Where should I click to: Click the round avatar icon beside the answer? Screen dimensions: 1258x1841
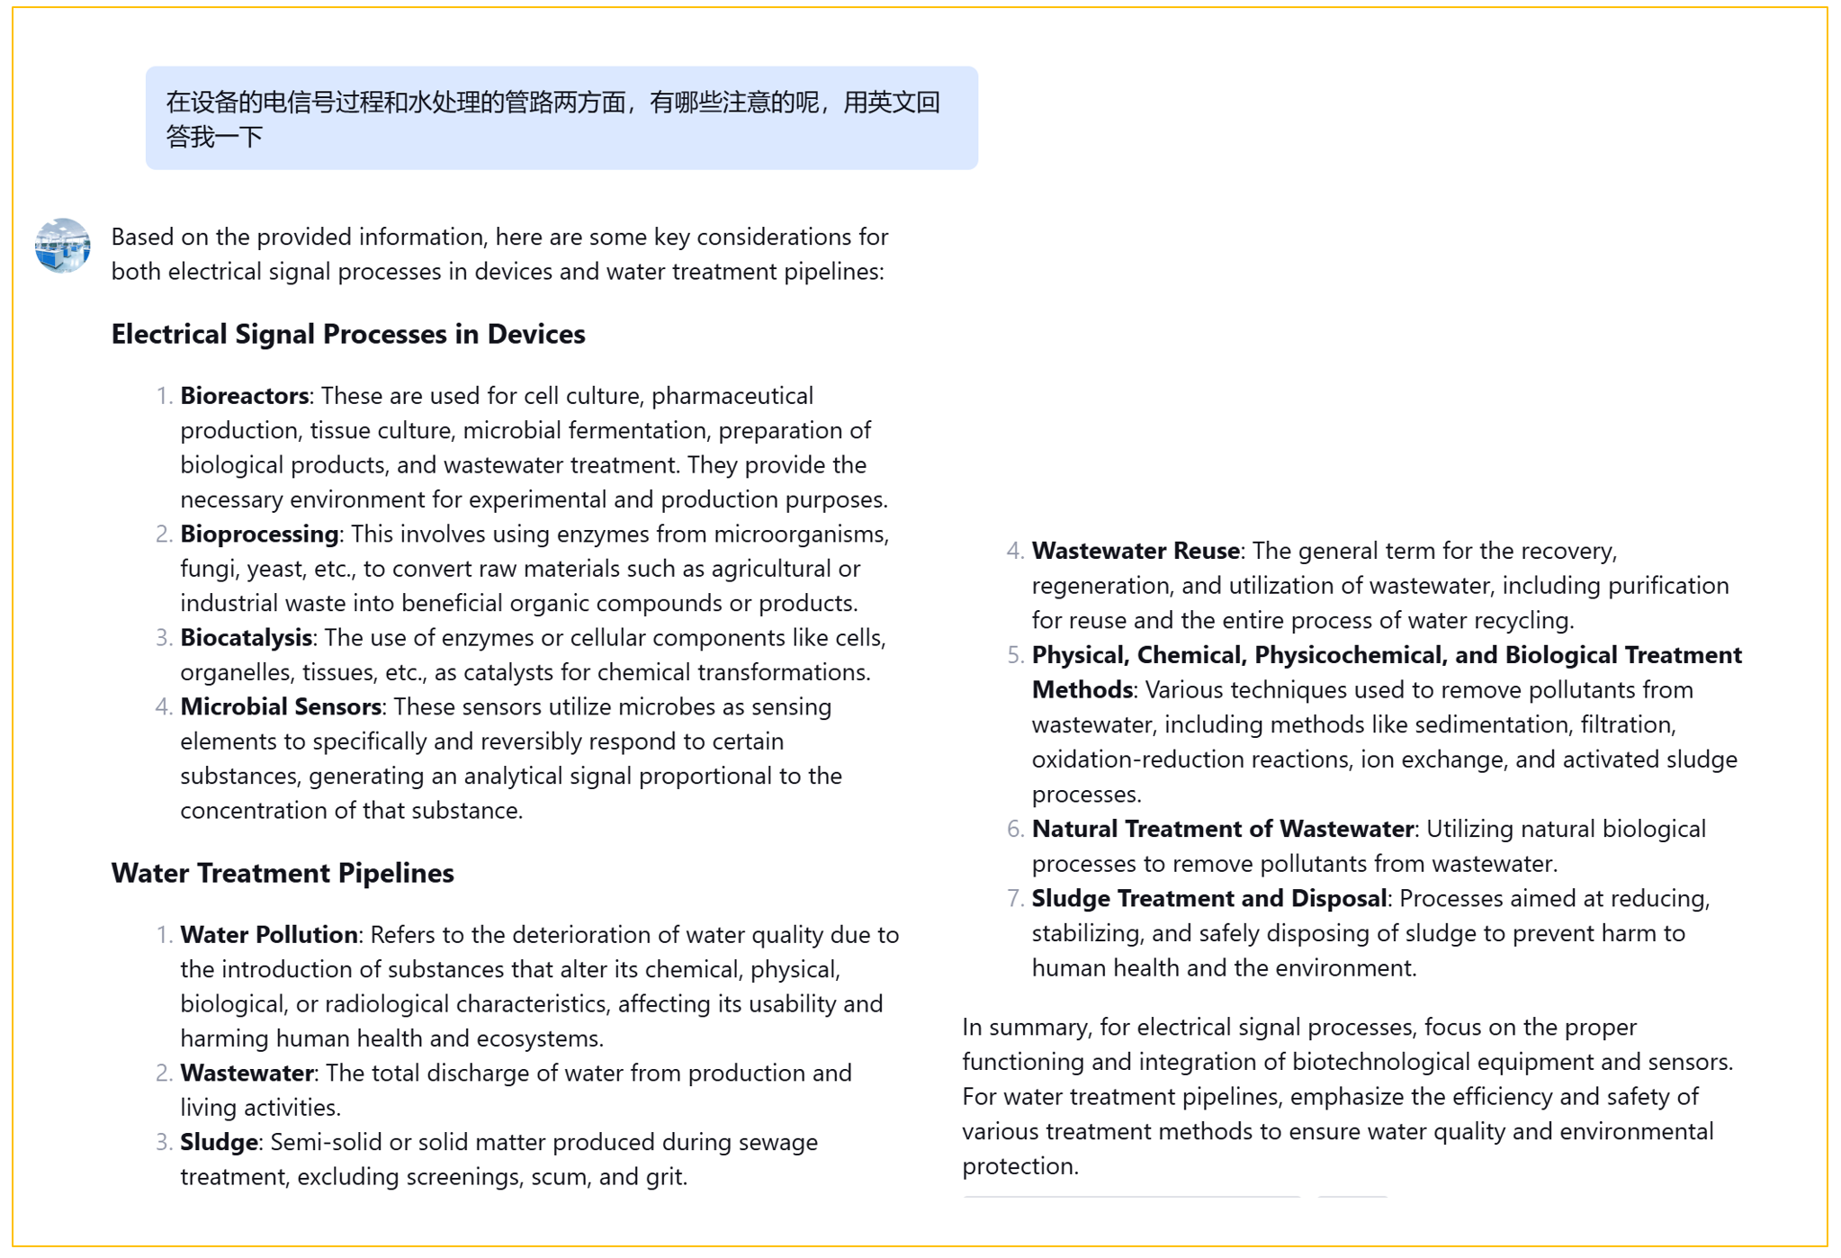coord(62,245)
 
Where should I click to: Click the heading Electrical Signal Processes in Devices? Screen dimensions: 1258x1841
coord(347,334)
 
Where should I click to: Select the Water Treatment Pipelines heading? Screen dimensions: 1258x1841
coord(283,873)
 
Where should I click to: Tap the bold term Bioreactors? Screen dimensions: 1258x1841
coord(244,396)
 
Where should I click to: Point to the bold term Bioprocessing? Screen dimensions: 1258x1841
coord(259,535)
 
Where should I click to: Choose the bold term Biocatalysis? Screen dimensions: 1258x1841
coord(246,638)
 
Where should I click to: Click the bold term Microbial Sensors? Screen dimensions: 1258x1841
coord(281,707)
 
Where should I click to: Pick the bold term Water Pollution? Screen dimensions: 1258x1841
coord(269,935)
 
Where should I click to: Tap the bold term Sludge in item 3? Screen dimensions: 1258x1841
coord(219,1143)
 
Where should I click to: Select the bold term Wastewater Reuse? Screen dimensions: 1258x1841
coord(1136,551)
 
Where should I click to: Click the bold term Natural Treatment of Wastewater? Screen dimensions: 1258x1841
coord(1222,829)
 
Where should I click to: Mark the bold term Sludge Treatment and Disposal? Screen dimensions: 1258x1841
coord(1208,899)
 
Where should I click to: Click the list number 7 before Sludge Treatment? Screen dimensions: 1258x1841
coord(1015,899)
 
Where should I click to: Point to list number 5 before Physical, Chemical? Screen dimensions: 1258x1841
coord(1015,656)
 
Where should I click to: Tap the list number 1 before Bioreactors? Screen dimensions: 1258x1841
coord(164,397)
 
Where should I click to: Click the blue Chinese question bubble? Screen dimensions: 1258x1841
coord(561,118)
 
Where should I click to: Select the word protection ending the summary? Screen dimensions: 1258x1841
coord(1019,1166)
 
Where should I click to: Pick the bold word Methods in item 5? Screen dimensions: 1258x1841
coord(1082,690)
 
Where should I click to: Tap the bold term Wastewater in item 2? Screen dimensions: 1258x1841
coord(247,1074)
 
